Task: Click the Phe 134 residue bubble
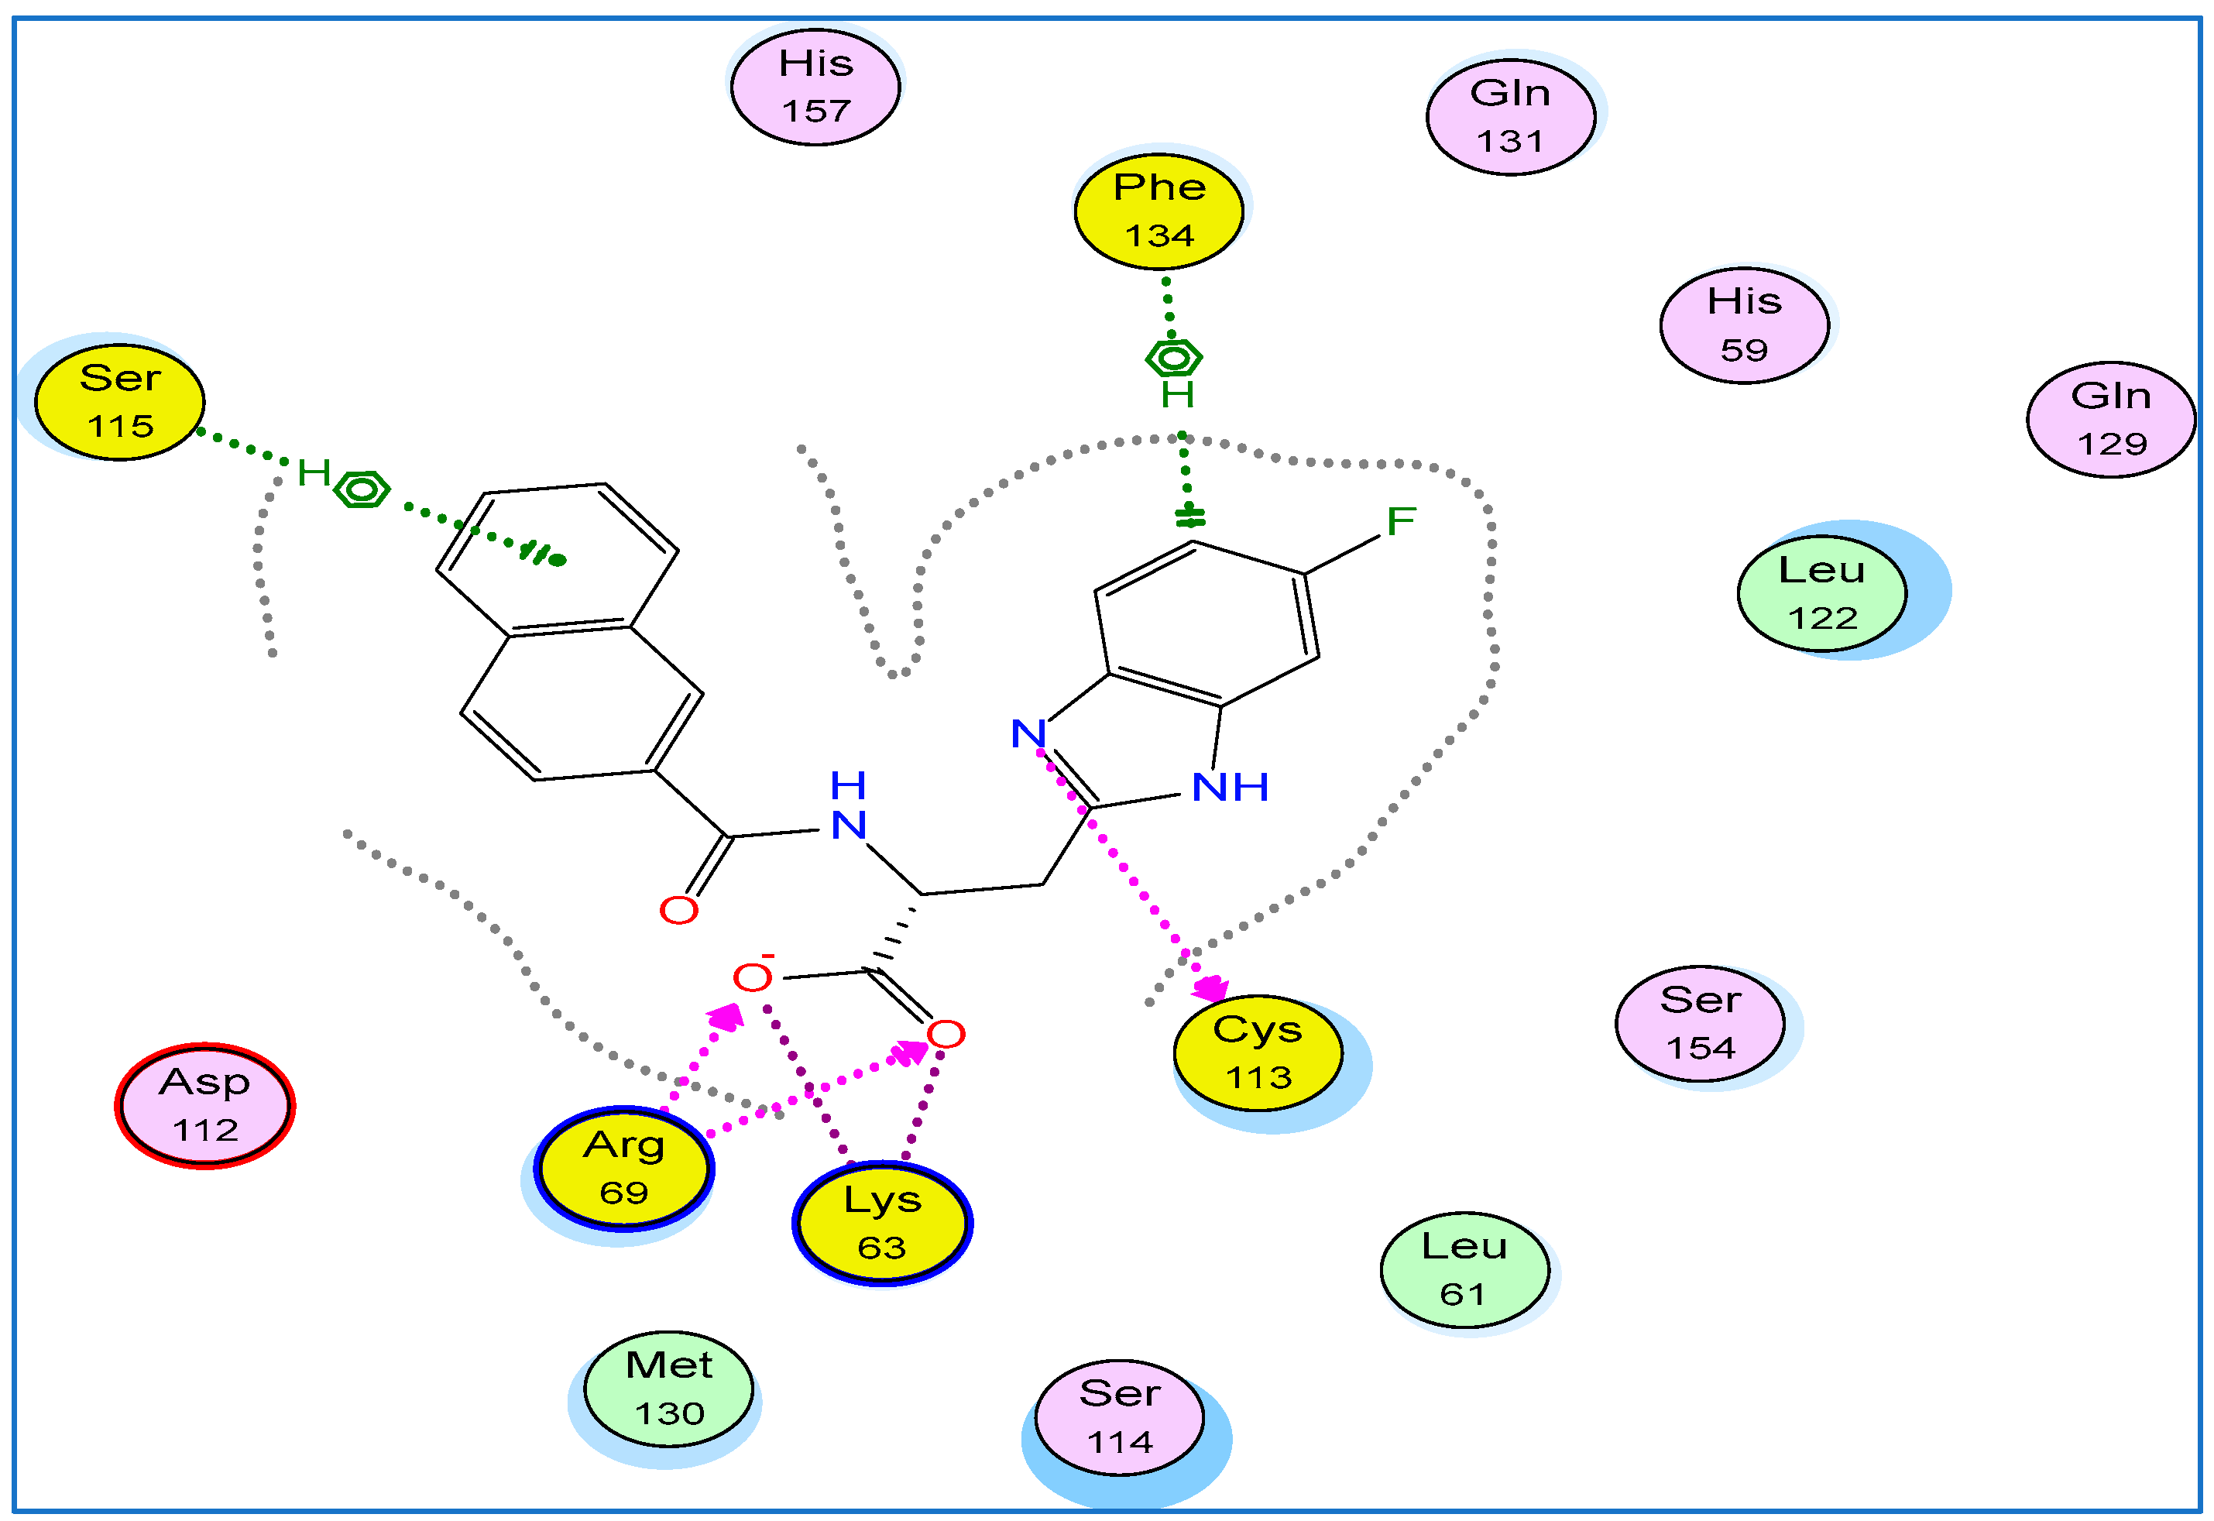(1158, 211)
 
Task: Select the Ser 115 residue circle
(120, 402)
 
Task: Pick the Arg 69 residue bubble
(624, 1169)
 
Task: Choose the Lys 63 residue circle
(882, 1224)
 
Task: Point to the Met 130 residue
(669, 1389)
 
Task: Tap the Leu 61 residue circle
(1464, 1270)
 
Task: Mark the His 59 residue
(1745, 326)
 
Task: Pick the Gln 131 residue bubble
(1510, 117)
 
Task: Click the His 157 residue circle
(815, 88)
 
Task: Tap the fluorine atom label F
(1400, 521)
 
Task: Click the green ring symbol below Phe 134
(1174, 359)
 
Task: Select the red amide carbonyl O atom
(678, 910)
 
